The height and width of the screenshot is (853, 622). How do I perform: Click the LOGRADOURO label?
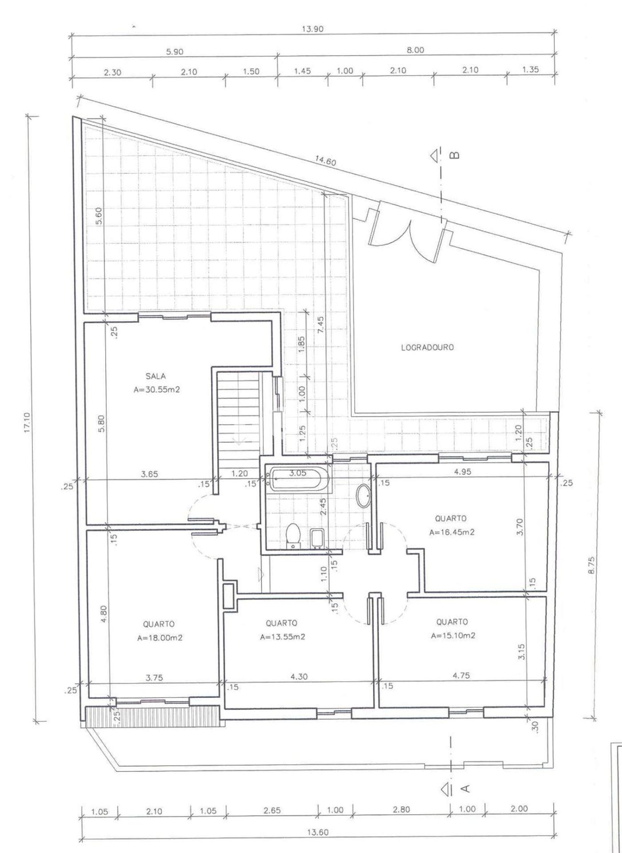pos(427,348)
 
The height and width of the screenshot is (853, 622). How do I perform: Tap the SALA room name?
pos(155,376)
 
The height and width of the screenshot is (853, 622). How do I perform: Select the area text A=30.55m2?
pos(156,390)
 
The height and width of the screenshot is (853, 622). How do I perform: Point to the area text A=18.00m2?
pos(159,638)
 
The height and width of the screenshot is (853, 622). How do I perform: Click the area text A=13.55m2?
pos(283,637)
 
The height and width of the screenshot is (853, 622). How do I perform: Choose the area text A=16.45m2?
pos(451,532)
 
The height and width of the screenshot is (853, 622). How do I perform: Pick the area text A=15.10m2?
pos(453,635)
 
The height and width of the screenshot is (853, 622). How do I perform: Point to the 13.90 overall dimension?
pos(313,29)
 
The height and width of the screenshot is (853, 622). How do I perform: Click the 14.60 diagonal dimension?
pos(326,161)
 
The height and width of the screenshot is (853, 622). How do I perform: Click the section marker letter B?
pos(455,155)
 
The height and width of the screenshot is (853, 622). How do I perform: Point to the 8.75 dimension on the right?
pos(591,565)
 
